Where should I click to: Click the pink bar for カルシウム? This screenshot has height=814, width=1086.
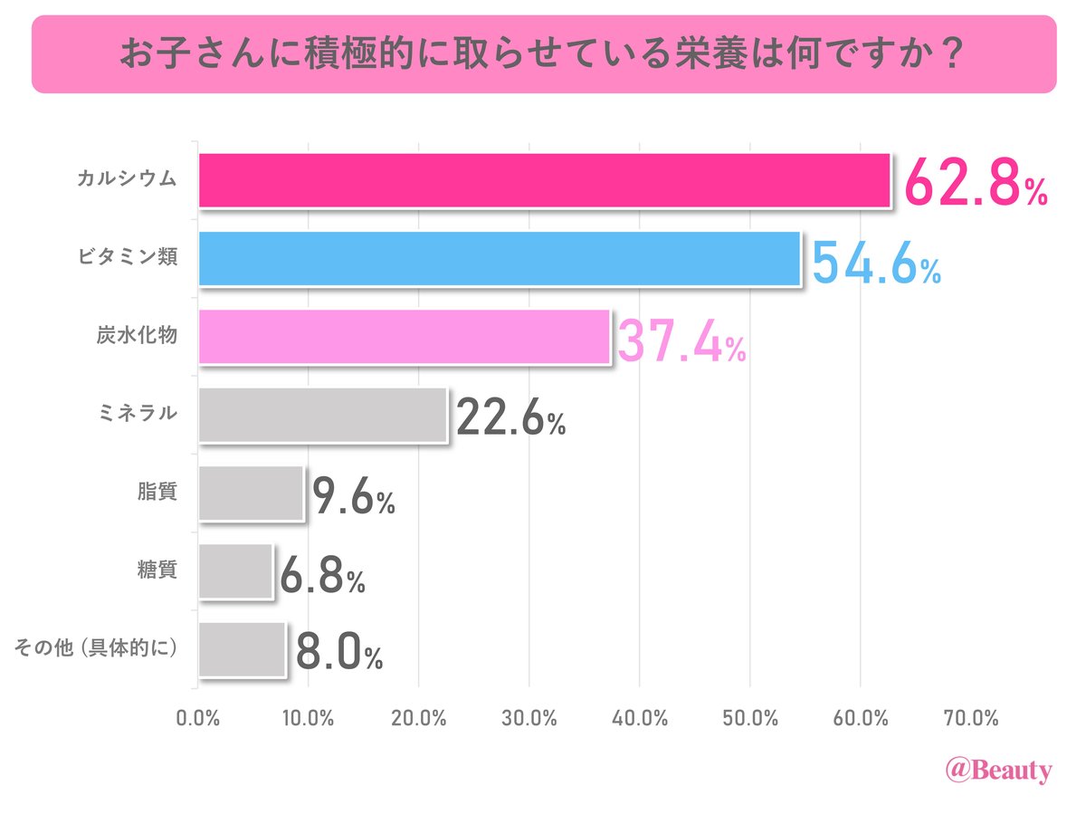tap(544, 180)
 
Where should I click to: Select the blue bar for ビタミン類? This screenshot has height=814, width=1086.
tap(499, 259)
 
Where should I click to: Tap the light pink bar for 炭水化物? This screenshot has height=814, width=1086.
tap(404, 337)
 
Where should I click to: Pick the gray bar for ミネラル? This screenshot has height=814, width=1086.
tap(322, 416)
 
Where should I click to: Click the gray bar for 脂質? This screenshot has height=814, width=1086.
tap(251, 493)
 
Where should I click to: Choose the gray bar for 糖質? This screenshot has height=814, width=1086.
tap(235, 571)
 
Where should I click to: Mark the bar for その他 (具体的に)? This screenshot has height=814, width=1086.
tap(242, 649)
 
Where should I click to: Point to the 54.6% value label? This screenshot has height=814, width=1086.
tap(875, 260)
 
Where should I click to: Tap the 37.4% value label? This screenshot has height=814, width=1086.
tap(681, 339)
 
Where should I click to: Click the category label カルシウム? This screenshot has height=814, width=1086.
tap(126, 180)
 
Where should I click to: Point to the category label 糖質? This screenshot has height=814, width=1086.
tap(154, 571)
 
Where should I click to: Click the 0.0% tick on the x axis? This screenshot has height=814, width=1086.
tap(198, 719)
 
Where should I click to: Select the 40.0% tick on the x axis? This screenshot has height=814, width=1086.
tap(640, 719)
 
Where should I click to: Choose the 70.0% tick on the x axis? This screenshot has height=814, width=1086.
tap(971, 719)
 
